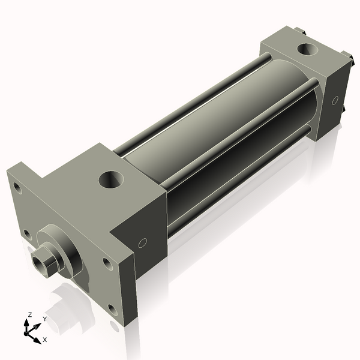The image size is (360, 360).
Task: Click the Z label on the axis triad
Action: (29, 315)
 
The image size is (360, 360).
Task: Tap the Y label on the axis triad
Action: (45, 319)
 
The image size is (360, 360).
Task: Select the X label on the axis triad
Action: (45, 340)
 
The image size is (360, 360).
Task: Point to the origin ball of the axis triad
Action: (26, 333)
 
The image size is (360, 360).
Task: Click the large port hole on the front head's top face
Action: (111, 179)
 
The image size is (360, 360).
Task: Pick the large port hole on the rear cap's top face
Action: (307, 49)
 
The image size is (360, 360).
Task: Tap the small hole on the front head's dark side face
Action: (143, 243)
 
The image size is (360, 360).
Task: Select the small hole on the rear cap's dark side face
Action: (335, 100)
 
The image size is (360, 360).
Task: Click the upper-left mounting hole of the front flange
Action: (17, 188)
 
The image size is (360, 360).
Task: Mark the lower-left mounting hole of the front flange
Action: (28, 235)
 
